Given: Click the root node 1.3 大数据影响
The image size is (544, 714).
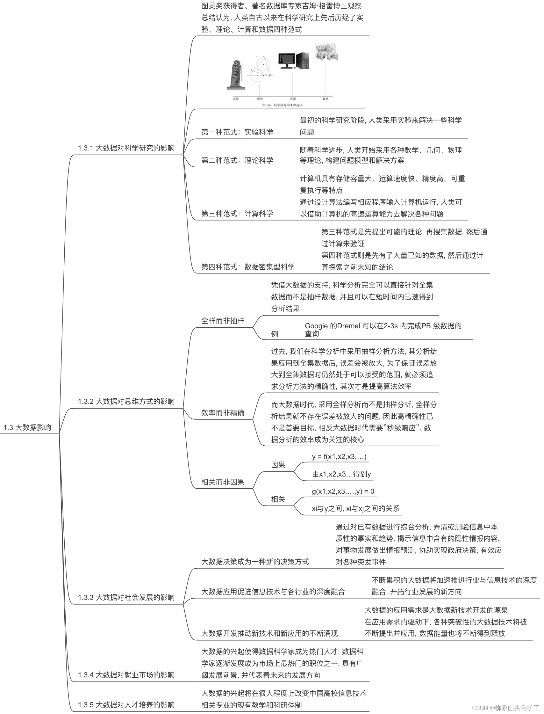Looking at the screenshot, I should click(27, 427).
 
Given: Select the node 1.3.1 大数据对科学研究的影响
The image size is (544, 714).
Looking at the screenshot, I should click(126, 148).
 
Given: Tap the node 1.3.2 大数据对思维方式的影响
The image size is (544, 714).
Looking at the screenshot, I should click(126, 401).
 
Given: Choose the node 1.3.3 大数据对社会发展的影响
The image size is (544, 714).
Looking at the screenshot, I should click(126, 597).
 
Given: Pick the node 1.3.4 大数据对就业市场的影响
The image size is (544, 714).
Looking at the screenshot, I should click(126, 675).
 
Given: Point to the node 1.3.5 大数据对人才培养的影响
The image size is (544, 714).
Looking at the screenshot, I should click(126, 705).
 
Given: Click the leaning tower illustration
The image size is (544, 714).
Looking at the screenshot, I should click(236, 75).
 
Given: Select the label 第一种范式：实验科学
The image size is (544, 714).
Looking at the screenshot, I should click(237, 132).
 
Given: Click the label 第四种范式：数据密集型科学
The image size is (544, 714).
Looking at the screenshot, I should click(248, 267).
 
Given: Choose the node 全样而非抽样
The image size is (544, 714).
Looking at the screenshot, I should click(222, 321).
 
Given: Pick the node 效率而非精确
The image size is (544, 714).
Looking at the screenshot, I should click(222, 412).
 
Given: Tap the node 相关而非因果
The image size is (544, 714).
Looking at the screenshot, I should click(222, 482).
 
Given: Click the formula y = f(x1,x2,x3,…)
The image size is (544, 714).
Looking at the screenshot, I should click(339, 457).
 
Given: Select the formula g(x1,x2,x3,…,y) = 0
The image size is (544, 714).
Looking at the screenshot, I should click(343, 491).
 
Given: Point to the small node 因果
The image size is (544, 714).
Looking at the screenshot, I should click(278, 465).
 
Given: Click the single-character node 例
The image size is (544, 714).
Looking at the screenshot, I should click(274, 334).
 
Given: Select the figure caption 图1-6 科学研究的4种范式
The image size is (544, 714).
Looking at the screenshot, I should click(282, 105).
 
